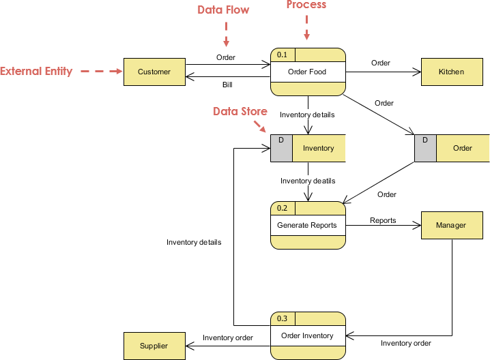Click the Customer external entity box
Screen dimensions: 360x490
(154, 72)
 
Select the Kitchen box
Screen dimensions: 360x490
(451, 72)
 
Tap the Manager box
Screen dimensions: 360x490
(451, 225)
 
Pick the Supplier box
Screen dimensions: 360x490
(154, 346)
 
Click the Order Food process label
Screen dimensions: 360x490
(307, 72)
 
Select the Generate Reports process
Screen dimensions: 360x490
(307, 225)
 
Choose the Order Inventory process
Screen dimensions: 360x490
(307, 335)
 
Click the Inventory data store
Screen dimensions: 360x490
(318, 148)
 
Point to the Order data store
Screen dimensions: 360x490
(462, 148)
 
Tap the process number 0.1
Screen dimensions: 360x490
(283, 55)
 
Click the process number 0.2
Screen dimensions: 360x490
(283, 208)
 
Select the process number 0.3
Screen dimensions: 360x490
(283, 318)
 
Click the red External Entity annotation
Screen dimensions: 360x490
(36, 71)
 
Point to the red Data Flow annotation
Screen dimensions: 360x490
(223, 10)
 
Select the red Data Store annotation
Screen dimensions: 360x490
(240, 111)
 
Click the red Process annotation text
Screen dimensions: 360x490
(306, 5)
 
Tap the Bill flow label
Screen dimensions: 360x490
(227, 85)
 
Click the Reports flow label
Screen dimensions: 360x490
(383, 220)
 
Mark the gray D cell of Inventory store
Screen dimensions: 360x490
(281, 148)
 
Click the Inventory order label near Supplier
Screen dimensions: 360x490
(228, 337)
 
